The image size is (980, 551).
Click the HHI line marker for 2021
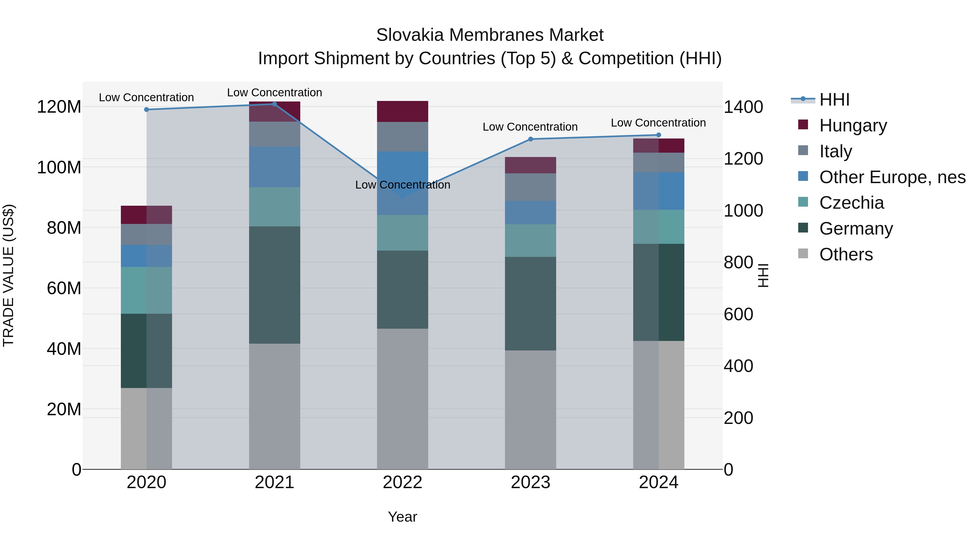click(274, 104)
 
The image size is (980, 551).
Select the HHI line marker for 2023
click(531, 139)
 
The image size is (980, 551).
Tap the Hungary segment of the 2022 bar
click(403, 111)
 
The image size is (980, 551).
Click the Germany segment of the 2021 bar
click(274, 285)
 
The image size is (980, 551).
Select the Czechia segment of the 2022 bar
click(403, 233)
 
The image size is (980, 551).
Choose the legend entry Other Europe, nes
click(892, 177)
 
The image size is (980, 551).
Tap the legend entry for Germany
click(856, 229)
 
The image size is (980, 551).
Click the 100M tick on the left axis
click(59, 167)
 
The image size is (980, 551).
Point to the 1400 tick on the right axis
click(743, 107)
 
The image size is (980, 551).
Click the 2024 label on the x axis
click(658, 482)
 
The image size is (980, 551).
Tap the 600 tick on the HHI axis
click(738, 315)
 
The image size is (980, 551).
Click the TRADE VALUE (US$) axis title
click(8, 275)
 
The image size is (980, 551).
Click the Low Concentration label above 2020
click(146, 97)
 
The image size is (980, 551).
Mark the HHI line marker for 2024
click(659, 135)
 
